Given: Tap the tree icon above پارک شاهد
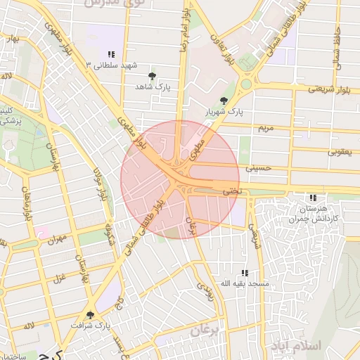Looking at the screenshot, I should tap(152, 75).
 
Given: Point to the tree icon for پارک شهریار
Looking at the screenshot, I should tap(224, 101).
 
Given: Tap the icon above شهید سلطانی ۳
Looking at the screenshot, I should tap(111, 54).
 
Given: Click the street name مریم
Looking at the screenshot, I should tap(266, 128).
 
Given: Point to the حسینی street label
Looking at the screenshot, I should tap(258, 168).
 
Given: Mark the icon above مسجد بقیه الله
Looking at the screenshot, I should tap(244, 272).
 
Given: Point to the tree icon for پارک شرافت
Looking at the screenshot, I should tap(89, 315).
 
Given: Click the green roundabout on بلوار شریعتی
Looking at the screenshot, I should tap(245, 84).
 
